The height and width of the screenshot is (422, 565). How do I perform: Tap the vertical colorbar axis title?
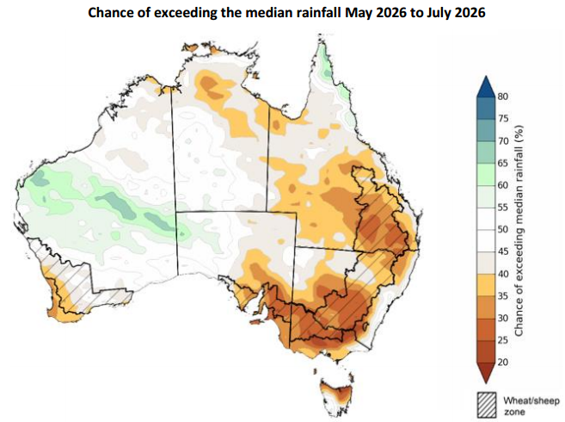click(x=520, y=229)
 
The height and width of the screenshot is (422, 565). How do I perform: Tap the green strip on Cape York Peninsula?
click(x=326, y=65)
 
